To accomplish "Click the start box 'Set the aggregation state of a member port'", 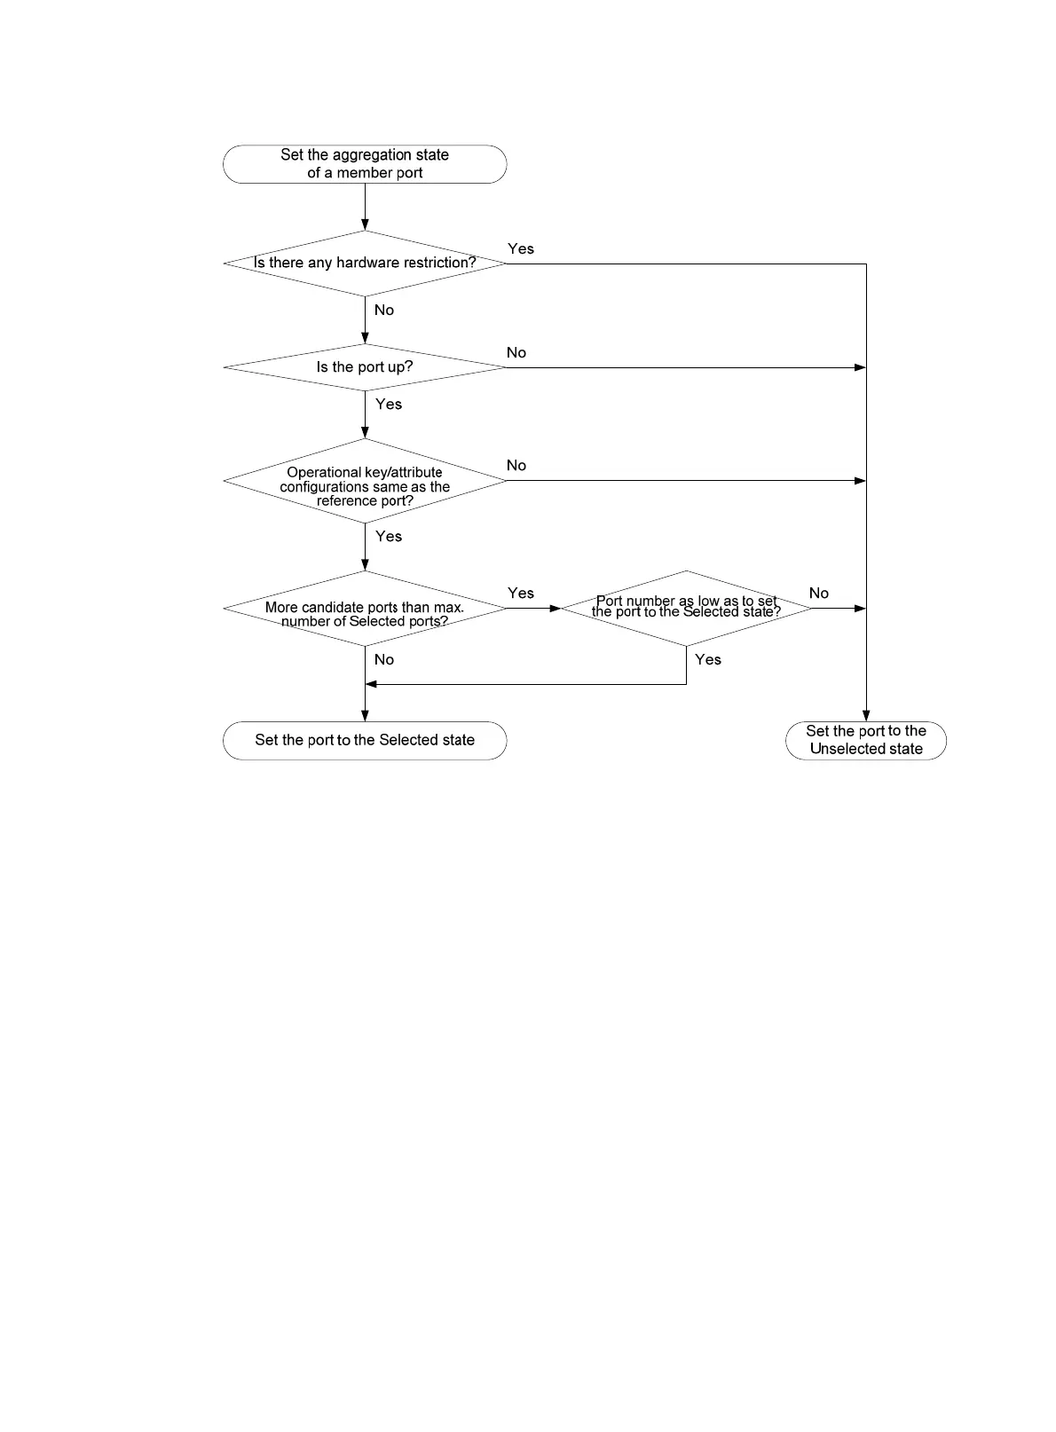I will pyautogui.click(x=365, y=164).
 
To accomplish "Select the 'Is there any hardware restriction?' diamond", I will pyautogui.click(x=365, y=264).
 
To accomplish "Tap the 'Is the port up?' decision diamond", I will pyautogui.click(x=365, y=367).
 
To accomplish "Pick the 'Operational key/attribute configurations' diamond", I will pyautogui.click(x=365, y=481).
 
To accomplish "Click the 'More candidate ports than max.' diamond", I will pyautogui.click(x=365, y=609).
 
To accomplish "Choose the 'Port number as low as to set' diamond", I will pyautogui.click(x=686, y=608).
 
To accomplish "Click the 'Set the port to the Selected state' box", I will pyautogui.click(x=365, y=741).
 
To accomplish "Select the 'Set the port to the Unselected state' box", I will pyautogui.click(x=866, y=741).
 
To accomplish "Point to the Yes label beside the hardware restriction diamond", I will pyautogui.click(x=521, y=249).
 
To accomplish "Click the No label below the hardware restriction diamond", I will pyautogui.click(x=384, y=311).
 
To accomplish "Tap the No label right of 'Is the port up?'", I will pyautogui.click(x=516, y=353).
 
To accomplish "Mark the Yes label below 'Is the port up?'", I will pyautogui.click(x=389, y=405).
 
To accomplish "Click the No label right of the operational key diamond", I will pyautogui.click(x=516, y=466).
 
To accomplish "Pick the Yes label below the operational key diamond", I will pyautogui.click(x=389, y=537).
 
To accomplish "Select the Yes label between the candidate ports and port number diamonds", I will pyautogui.click(x=521, y=594).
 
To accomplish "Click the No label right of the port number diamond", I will pyautogui.click(x=819, y=594).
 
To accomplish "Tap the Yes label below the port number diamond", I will pyautogui.click(x=708, y=660).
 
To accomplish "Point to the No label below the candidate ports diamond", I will pyautogui.click(x=384, y=660).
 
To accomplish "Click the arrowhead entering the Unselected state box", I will pyautogui.click(x=866, y=716).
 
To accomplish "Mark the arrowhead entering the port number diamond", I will pyautogui.click(x=556, y=609).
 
